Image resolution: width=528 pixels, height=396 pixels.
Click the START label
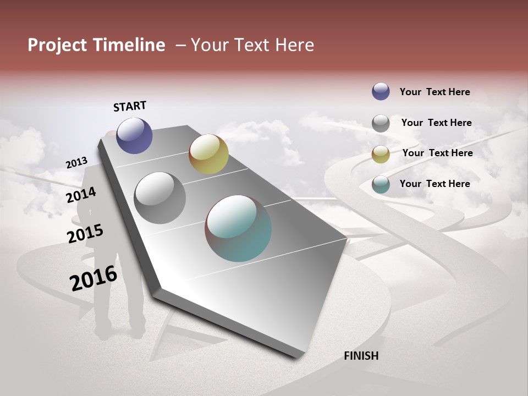click(130, 106)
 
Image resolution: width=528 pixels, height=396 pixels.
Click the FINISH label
click(361, 356)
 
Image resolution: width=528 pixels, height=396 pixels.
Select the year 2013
click(76, 163)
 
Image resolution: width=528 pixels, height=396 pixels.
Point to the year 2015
click(85, 234)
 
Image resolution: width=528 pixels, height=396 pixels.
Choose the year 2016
click(93, 278)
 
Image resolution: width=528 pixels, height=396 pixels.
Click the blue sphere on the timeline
click(134, 135)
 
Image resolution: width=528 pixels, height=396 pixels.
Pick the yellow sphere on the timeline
click(208, 154)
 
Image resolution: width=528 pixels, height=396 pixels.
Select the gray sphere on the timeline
click(159, 198)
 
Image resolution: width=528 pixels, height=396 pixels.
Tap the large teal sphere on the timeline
click(238, 228)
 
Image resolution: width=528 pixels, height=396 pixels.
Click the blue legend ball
click(381, 91)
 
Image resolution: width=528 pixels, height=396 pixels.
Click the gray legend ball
click(381, 123)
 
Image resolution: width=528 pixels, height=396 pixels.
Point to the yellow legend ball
click(381, 154)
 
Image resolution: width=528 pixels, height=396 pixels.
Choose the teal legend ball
click(381, 184)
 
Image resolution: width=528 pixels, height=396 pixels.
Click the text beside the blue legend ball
click(435, 92)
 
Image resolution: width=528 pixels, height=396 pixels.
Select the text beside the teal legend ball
click(435, 184)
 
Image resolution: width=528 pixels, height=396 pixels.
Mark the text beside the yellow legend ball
click(437, 153)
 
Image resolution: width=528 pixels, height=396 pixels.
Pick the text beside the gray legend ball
click(436, 123)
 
